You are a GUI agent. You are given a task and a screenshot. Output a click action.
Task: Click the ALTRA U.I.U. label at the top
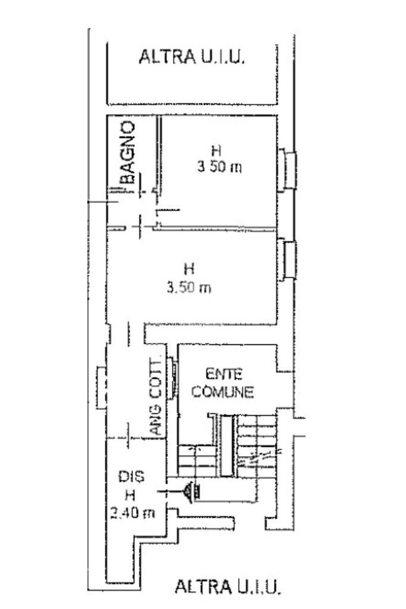click(192, 56)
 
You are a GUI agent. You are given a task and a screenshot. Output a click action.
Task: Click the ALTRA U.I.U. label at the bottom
click(228, 586)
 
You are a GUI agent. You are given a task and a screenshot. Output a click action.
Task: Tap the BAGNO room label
click(127, 152)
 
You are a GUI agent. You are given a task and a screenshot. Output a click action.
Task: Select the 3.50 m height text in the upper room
click(219, 167)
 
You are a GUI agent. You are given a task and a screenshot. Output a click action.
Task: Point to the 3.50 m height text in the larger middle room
click(189, 288)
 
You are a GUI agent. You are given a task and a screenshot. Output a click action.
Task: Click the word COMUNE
click(223, 391)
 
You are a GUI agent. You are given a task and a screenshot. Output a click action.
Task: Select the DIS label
click(131, 476)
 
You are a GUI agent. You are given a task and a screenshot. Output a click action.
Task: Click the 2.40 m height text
click(133, 513)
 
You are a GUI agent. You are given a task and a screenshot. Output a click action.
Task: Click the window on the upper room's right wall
click(287, 169)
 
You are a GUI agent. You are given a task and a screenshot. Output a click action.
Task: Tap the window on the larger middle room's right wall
click(287, 259)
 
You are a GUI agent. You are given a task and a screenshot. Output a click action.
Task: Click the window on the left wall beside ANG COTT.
click(102, 387)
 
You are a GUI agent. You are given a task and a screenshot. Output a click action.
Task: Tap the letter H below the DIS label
click(130, 495)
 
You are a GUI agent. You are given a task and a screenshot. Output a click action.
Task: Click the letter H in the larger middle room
click(188, 269)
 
